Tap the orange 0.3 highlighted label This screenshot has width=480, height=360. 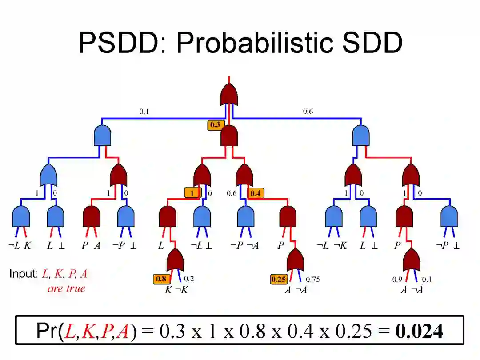[215, 125]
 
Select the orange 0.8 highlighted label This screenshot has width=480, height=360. [161, 279]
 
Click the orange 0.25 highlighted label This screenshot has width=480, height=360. [279, 280]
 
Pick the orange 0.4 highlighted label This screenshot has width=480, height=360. [256, 193]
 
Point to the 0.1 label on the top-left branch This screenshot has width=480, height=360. [144, 112]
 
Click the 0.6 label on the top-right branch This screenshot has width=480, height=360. [308, 112]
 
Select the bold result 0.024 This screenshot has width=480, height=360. [419, 331]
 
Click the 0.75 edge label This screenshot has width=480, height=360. [312, 280]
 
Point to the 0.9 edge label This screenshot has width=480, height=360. [397, 280]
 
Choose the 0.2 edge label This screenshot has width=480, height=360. [189, 279]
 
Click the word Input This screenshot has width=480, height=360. [23, 274]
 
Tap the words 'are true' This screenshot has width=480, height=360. [66, 288]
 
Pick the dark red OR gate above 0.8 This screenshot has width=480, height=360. [175, 260]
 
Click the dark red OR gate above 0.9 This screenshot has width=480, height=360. [411, 260]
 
